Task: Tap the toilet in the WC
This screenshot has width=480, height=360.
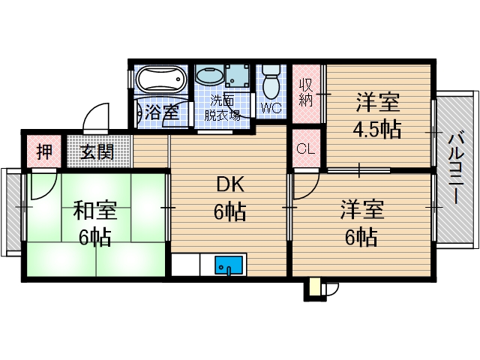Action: coord(271,81)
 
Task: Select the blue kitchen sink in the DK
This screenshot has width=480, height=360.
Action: coord(229,265)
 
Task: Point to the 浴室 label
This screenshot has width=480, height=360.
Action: coord(162,113)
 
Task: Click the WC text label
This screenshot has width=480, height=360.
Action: coord(271,108)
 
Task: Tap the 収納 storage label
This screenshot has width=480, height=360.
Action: coord(306,94)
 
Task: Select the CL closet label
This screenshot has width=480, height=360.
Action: coord(305,148)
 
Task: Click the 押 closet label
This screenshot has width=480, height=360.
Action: coord(46,151)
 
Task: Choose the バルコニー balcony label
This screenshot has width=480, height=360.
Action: coord(454,169)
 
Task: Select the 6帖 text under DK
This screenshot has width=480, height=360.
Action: coord(229,213)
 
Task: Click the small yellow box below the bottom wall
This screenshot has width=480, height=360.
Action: coord(313,288)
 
